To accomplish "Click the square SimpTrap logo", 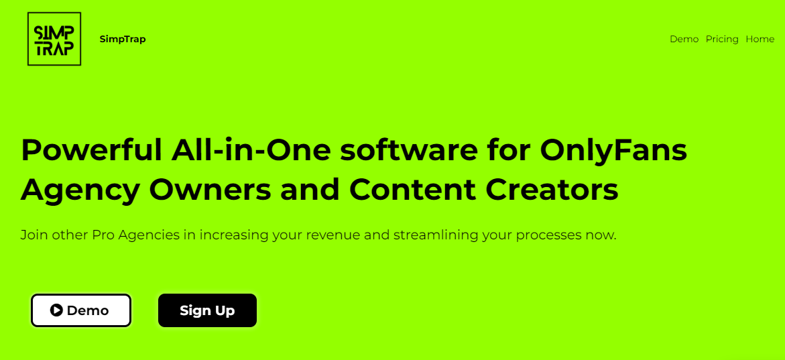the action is tap(54, 39).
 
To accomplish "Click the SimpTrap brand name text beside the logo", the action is tap(123, 39).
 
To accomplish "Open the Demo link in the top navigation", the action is tap(684, 39).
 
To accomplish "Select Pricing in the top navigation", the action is tap(722, 40).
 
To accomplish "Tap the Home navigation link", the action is tap(760, 39).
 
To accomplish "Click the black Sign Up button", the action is tap(207, 310).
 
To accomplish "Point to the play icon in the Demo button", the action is tap(56, 310).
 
